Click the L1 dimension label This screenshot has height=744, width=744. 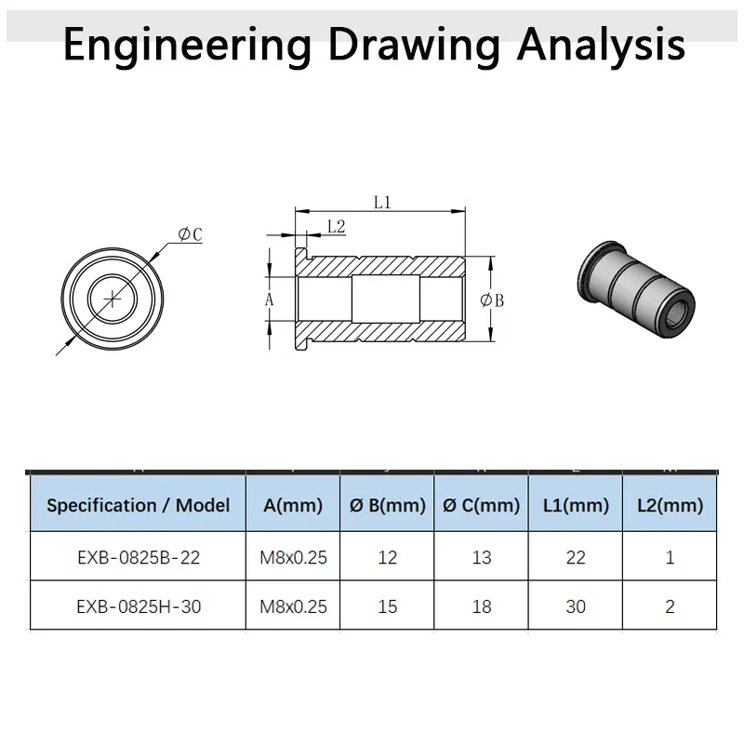click(x=382, y=201)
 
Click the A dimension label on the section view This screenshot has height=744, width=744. click(x=270, y=299)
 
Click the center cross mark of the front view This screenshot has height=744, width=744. click(x=113, y=298)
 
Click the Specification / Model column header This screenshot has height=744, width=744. click(x=138, y=506)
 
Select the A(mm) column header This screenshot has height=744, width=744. click(x=293, y=506)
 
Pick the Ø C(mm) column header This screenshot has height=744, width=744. click(x=481, y=506)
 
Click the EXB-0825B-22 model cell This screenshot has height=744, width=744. click(x=138, y=557)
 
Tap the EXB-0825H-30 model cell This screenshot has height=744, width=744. click(x=138, y=606)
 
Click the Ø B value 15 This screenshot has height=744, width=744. click(x=388, y=606)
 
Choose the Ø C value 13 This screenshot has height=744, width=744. click(x=481, y=557)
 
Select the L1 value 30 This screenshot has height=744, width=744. click(x=576, y=606)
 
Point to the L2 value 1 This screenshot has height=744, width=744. click(x=671, y=557)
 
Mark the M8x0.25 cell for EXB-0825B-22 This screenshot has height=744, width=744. click(x=293, y=557)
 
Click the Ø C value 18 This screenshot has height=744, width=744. click(x=481, y=606)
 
